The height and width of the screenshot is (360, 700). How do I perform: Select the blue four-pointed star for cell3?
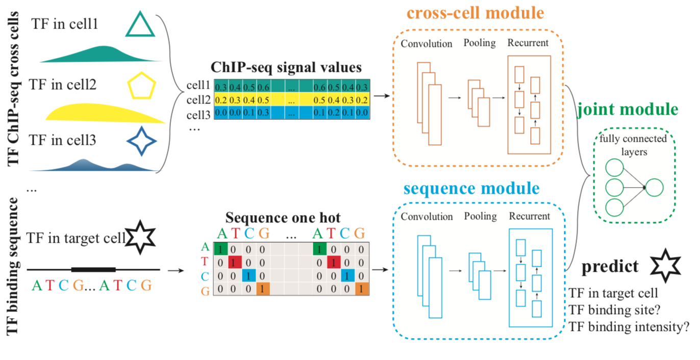point(140,140)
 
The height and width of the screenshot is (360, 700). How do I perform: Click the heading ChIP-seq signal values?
point(286,67)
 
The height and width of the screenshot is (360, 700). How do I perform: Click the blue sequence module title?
point(471,189)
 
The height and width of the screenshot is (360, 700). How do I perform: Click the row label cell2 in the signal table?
point(198,99)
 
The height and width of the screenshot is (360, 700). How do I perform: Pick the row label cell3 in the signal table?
point(198,112)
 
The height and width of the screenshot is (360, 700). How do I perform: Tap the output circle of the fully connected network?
point(655,188)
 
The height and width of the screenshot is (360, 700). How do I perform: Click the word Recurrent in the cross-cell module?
point(528,43)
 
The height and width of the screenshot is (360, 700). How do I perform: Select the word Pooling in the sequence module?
point(480,216)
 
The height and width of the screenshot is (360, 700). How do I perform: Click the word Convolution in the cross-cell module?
point(427,43)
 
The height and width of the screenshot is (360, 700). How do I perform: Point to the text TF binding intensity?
point(629,326)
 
